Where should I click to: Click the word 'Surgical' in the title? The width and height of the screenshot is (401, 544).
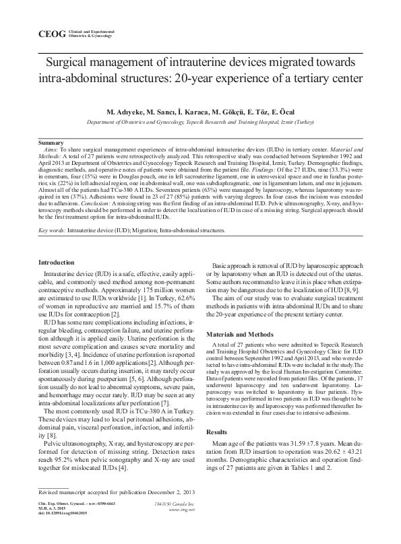point(70,63)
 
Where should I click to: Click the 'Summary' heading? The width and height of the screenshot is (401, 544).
point(51,143)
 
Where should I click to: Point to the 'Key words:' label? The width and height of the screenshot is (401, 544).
point(53,230)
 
